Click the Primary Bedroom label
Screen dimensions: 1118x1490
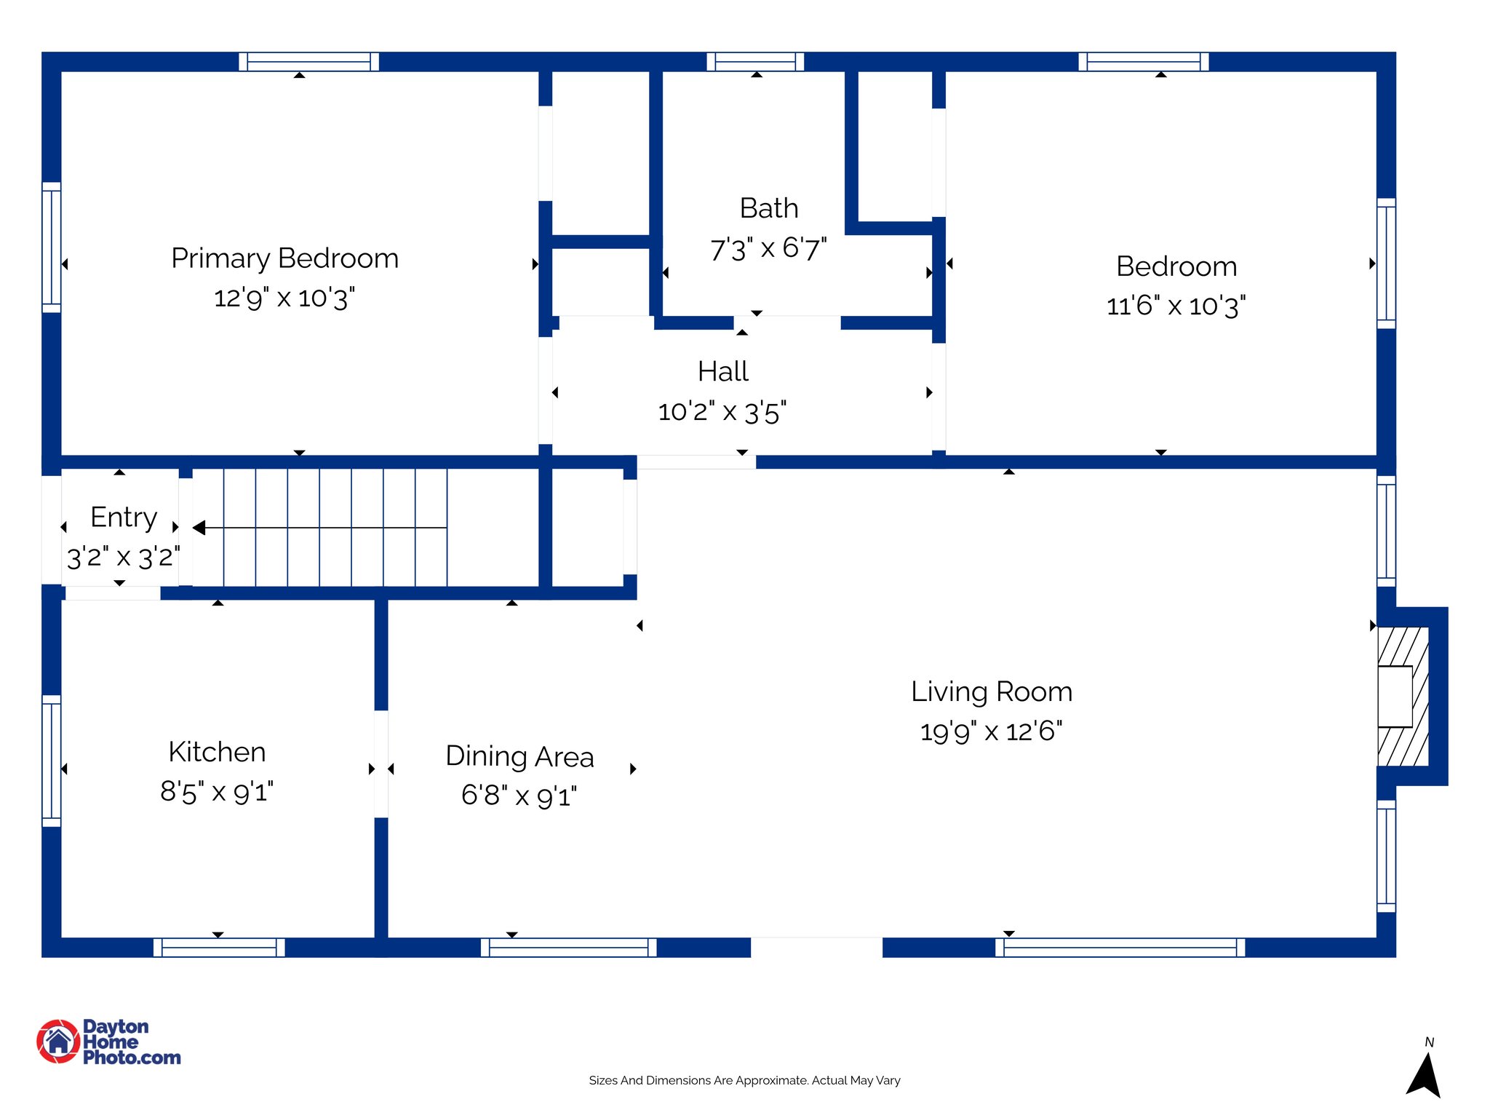[x=284, y=258]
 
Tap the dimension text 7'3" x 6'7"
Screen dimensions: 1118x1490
[x=768, y=249]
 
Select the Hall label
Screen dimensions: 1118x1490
[x=722, y=371]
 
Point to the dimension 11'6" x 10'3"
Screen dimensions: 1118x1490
[x=1176, y=306]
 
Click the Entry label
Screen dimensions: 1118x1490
[x=124, y=517]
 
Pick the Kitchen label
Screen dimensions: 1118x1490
[x=217, y=752]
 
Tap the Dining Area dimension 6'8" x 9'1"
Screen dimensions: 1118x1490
[x=519, y=796]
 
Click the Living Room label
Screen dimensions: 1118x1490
[x=992, y=691]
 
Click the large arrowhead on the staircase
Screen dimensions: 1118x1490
[x=199, y=528]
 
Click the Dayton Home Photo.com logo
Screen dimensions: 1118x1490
[x=108, y=1042]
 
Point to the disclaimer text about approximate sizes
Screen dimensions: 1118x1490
[x=744, y=1081]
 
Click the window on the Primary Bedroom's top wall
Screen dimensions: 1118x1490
[x=308, y=62]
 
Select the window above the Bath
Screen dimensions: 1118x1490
[x=755, y=62]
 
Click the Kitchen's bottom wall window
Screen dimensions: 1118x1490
[x=219, y=948]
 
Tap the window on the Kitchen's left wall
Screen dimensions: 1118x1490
[x=52, y=761]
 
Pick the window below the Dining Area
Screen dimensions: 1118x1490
[x=568, y=948]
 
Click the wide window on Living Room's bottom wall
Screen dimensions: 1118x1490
[x=1120, y=948]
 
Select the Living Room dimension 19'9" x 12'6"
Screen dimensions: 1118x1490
[x=991, y=732]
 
